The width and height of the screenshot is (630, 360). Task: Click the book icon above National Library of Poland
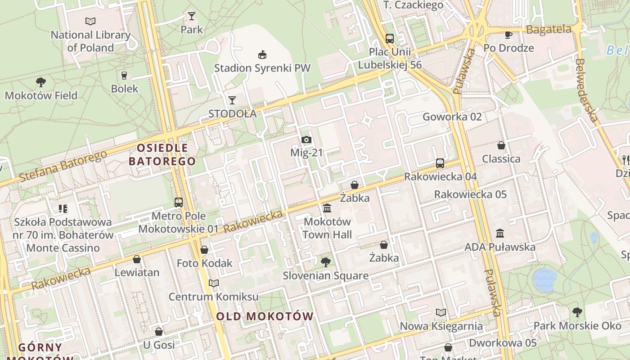(90, 21)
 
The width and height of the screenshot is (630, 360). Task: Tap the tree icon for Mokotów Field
(41, 82)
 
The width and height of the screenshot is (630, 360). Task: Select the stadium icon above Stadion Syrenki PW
(262, 55)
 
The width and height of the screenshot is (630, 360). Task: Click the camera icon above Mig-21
(306, 139)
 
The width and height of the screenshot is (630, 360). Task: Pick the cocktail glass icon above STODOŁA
(232, 100)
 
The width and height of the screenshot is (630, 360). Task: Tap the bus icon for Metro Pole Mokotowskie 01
(179, 202)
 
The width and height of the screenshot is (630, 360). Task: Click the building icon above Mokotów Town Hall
(327, 208)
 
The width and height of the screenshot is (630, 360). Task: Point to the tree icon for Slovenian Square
(325, 262)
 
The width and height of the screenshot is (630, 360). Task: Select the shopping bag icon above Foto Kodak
(204, 250)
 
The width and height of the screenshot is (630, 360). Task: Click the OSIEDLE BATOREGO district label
(162, 154)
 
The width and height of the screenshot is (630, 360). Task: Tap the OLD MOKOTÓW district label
(265, 316)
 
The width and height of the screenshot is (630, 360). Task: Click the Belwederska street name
(587, 90)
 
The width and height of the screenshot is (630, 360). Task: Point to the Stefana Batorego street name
(63, 166)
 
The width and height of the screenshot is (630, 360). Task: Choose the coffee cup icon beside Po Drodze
(508, 35)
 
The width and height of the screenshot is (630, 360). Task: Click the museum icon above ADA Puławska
(500, 233)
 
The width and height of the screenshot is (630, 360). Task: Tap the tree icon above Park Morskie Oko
(577, 312)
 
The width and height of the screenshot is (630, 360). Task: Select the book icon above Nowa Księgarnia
(441, 312)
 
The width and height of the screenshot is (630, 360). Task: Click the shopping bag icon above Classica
(501, 145)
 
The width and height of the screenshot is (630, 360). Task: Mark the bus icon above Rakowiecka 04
(440, 163)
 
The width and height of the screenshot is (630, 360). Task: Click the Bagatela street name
(549, 30)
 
